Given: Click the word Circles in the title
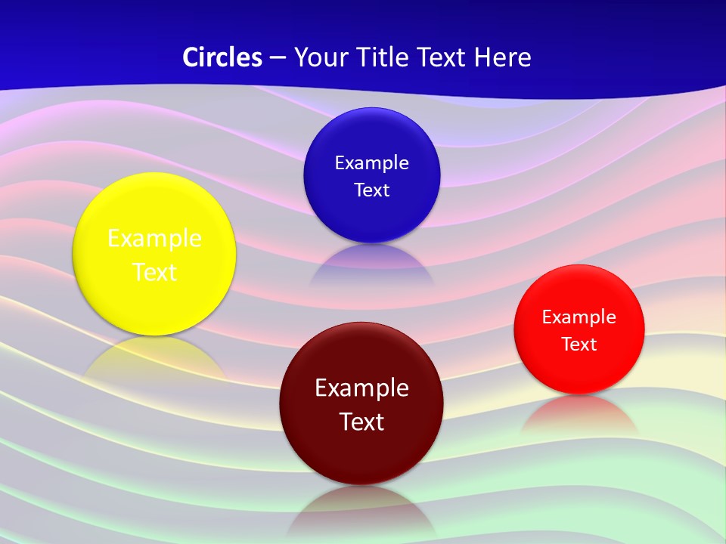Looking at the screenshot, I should pyautogui.click(x=222, y=57).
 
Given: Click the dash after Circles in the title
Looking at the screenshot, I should pyautogui.click(x=278, y=58).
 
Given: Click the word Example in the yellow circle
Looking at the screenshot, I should pyautogui.click(x=154, y=239).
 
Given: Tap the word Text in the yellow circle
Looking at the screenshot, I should pyautogui.click(x=154, y=272).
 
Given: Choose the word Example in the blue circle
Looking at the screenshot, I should pyautogui.click(x=372, y=163).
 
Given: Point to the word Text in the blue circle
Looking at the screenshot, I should pyautogui.click(x=372, y=190).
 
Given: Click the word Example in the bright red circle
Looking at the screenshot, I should pyautogui.click(x=579, y=317).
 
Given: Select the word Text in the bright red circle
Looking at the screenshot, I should pyautogui.click(x=579, y=345).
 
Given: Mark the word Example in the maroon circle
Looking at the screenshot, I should pyautogui.click(x=361, y=388).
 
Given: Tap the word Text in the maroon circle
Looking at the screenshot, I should pyautogui.click(x=361, y=422).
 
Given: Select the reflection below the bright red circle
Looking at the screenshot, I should pyautogui.click(x=579, y=414).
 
